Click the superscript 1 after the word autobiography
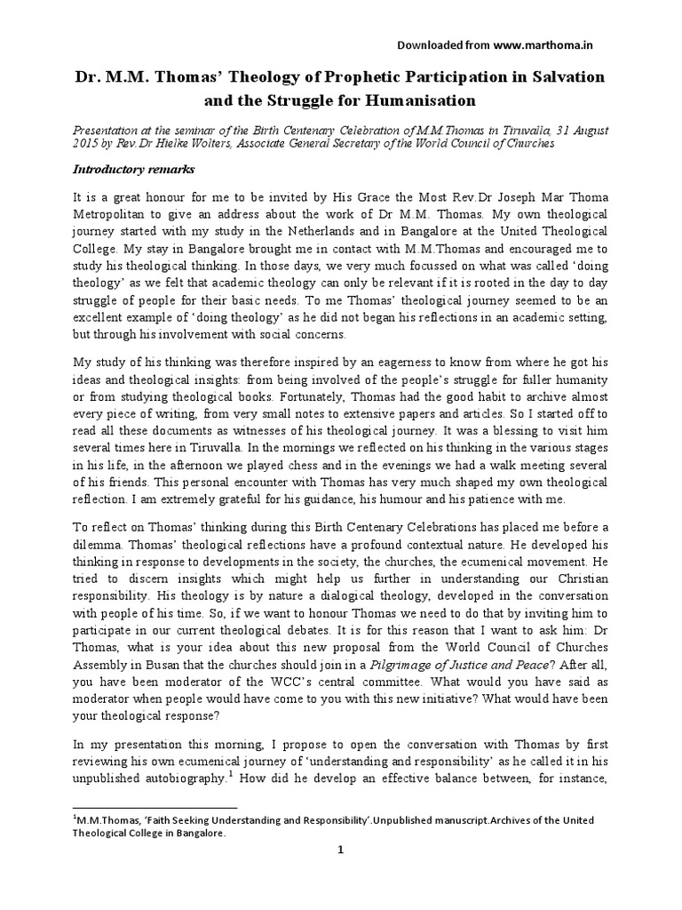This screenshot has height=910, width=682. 230,776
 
